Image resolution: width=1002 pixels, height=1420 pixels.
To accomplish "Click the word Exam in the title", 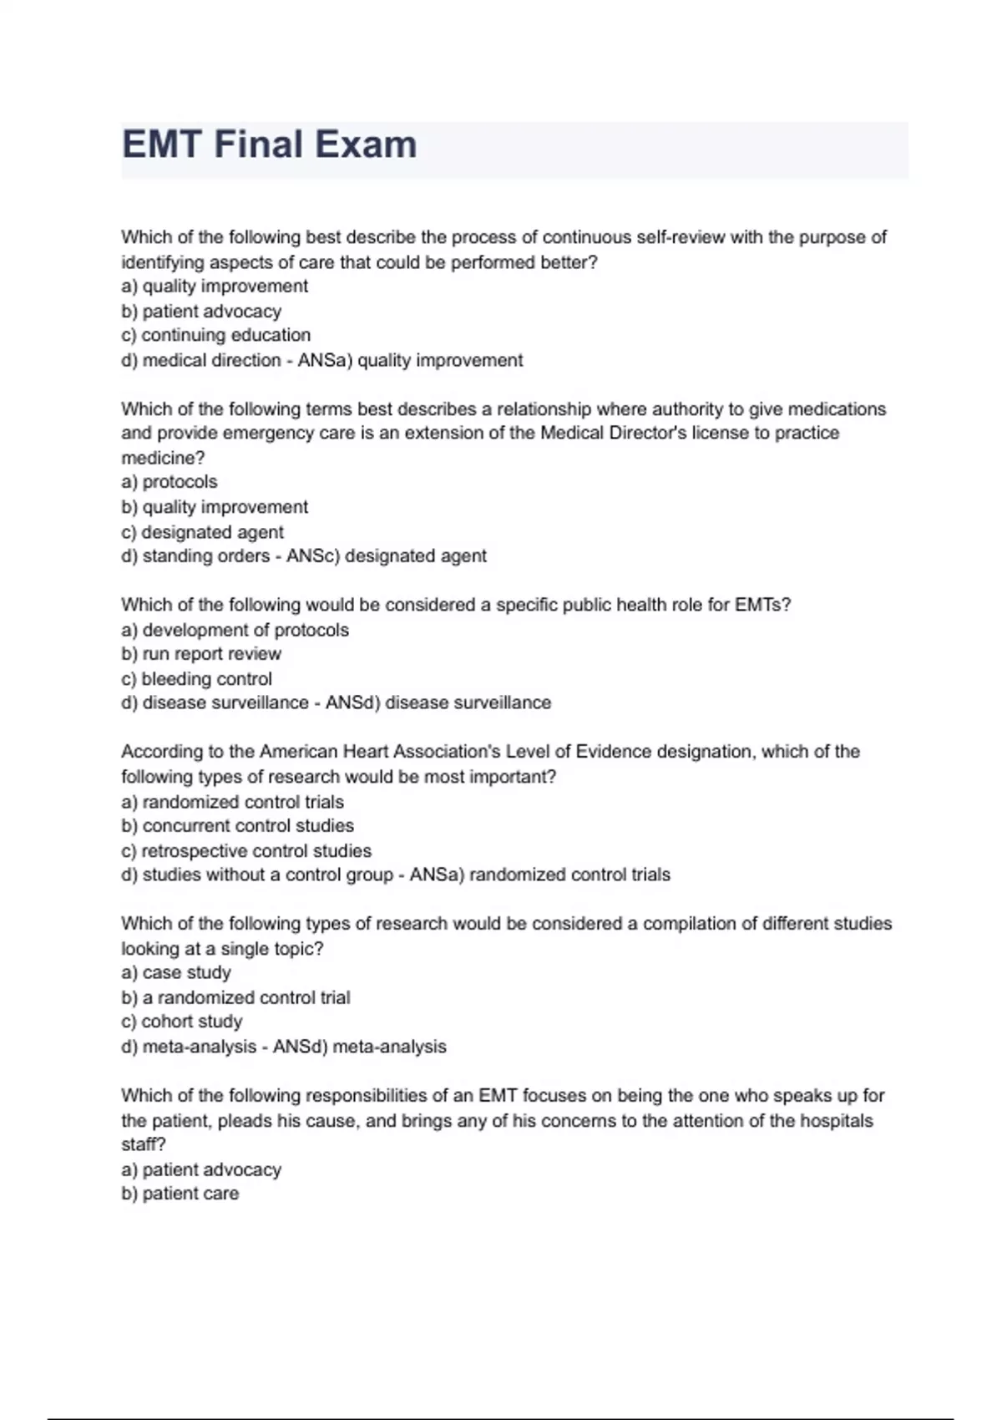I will click(x=368, y=145).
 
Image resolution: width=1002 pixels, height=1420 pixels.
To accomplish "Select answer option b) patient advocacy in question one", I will click(x=201, y=312).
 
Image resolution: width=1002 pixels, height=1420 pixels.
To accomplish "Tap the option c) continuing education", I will click(x=215, y=335).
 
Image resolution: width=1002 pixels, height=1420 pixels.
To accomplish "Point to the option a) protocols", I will click(x=170, y=482).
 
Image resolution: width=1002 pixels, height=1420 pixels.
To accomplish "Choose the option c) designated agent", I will click(x=202, y=532).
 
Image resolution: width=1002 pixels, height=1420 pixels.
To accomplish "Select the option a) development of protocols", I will click(x=235, y=630).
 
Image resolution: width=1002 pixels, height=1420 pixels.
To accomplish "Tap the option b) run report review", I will click(x=201, y=654).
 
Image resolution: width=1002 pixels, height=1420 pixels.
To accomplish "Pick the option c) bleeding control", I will click(x=196, y=679).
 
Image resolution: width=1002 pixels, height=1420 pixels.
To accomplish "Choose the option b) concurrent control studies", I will click(x=237, y=826).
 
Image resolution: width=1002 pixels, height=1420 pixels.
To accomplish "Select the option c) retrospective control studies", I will click(x=246, y=851).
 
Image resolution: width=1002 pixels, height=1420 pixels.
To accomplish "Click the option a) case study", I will click(x=176, y=973).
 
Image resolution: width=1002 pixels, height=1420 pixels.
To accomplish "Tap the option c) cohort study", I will click(x=181, y=1022).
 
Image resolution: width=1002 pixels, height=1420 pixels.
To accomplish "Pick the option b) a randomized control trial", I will click(x=235, y=997).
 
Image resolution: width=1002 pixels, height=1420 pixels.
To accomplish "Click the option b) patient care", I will click(x=180, y=1194).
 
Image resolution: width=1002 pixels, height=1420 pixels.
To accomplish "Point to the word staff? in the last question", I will click(x=144, y=1144).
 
